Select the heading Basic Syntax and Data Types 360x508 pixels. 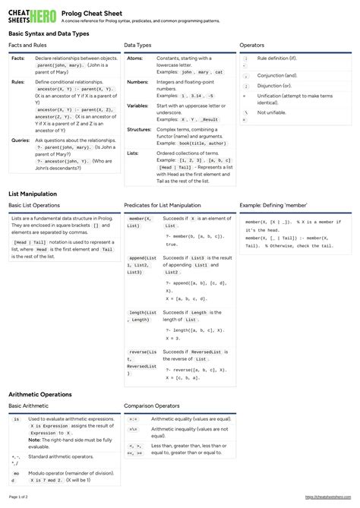click(x=49, y=34)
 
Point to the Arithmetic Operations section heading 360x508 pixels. click(x=40, y=395)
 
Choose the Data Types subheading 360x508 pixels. click(x=137, y=46)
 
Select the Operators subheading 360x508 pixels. click(x=251, y=46)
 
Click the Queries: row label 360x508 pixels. click(x=21, y=140)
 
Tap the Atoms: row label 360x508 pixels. click(x=135, y=58)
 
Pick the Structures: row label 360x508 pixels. click(x=139, y=129)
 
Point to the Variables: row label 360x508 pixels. click(x=138, y=106)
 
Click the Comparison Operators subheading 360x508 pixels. click(x=151, y=406)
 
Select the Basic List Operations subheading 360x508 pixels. click(x=34, y=205)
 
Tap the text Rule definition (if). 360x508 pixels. click(x=277, y=58)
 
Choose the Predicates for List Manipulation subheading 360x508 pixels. click(x=163, y=205)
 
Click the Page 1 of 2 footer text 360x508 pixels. click(x=18, y=497)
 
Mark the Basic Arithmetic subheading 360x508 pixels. click(x=30, y=406)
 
